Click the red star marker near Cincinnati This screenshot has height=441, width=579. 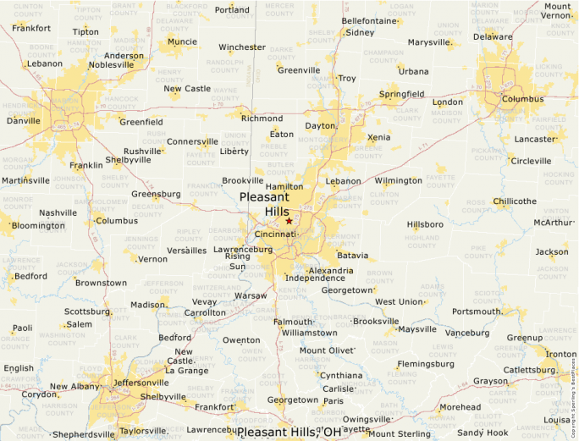click(x=289, y=221)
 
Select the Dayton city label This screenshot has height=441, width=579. click(x=321, y=126)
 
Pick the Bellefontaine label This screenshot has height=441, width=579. click(x=369, y=21)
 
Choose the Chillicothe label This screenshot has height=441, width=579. click(x=515, y=201)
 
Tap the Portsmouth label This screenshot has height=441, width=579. click(x=477, y=311)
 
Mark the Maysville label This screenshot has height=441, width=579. click(x=417, y=329)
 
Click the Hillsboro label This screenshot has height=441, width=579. click(x=425, y=225)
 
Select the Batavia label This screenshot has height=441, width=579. click(x=353, y=256)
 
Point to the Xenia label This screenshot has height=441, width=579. click(x=379, y=137)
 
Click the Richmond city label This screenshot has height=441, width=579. click(x=262, y=119)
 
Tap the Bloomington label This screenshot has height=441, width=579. click(x=38, y=226)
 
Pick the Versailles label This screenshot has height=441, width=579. click(x=187, y=251)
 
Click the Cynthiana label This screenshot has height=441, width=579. click(x=340, y=376)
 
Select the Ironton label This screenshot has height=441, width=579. click(x=560, y=354)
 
